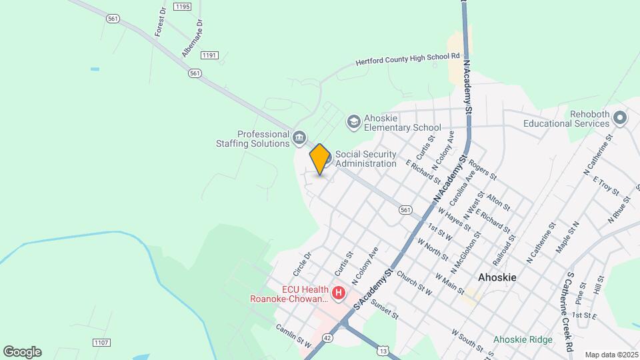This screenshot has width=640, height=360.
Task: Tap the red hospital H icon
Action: tap(339, 293)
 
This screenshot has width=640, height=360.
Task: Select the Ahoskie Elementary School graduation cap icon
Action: tap(353, 122)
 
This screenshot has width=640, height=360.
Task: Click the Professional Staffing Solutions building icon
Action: tap(299, 138)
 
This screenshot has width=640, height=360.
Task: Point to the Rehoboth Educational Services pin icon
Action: tap(620, 118)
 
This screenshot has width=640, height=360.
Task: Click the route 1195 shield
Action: tap(181, 6)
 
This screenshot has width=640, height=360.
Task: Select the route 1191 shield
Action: tap(210, 56)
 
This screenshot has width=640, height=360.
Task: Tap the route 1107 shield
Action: tap(101, 343)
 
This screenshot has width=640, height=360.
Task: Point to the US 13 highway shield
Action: tap(382, 349)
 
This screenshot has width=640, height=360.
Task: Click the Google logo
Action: tap(22, 351)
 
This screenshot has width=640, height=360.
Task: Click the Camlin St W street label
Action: tap(294, 336)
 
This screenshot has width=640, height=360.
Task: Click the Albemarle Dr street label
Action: tap(192, 42)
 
